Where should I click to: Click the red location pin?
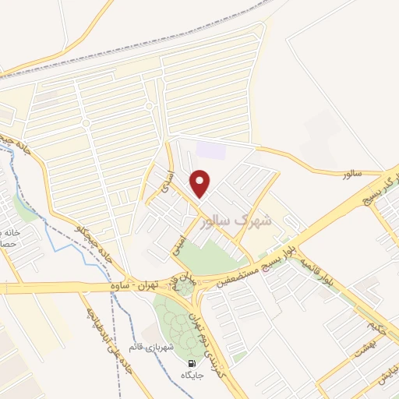click(x=201, y=182)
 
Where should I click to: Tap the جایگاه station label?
click(x=191, y=376)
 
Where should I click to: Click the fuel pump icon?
click(x=191, y=363)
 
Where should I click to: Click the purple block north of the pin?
click(x=210, y=149)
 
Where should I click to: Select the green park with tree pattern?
click(x=173, y=320)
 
